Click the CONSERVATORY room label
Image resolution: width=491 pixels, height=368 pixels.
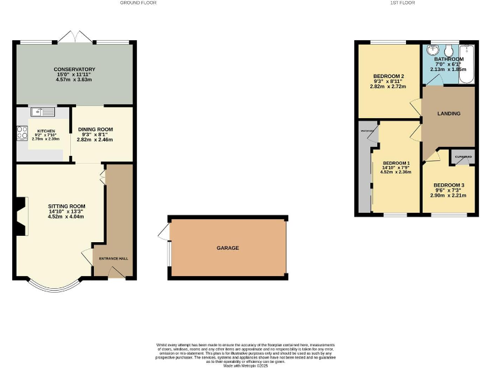tap(74, 69)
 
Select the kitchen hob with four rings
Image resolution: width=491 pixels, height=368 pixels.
tap(20, 134)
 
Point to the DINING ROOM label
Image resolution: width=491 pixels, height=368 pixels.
tap(95, 130)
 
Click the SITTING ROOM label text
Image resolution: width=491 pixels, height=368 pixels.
tap(66, 206)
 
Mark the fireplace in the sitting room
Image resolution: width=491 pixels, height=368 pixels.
tap(21, 218)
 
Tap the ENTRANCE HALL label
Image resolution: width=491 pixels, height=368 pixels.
tap(113, 259)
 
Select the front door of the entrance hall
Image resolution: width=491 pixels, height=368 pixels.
tap(116, 273)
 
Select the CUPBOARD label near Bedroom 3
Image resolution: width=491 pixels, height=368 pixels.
tap(464, 156)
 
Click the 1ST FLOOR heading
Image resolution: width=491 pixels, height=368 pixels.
tap(416, 3)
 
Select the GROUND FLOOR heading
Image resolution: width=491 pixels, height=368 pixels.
tap(138, 3)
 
